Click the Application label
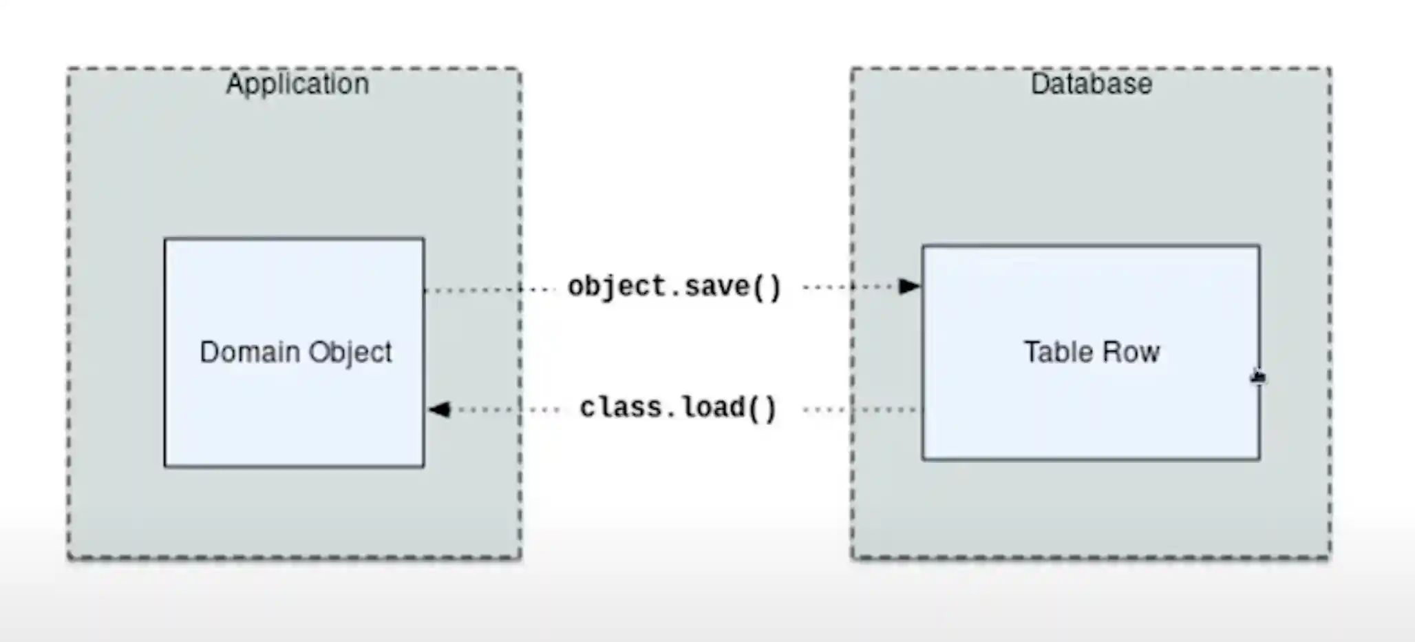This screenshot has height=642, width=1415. [297, 84]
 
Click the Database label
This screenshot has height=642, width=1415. [1091, 84]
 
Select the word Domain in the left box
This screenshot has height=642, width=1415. [249, 352]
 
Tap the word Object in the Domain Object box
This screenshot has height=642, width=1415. [350, 353]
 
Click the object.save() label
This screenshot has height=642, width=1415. [674, 287]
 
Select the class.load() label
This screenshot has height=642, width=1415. [678, 408]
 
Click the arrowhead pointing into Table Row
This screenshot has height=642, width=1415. [909, 286]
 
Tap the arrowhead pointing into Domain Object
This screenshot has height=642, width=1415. [440, 410]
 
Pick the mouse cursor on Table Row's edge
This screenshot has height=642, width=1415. [1257, 377]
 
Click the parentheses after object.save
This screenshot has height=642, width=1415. [767, 287]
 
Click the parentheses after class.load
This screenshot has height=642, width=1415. [762, 408]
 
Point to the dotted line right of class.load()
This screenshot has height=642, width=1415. [860, 410]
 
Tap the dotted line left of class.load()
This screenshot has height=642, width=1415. [509, 410]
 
